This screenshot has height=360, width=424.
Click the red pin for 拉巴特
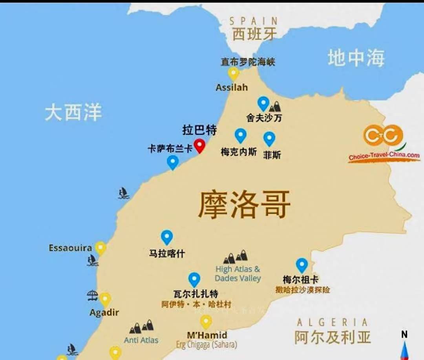click(200, 145)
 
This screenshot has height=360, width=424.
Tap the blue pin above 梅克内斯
click(240, 135)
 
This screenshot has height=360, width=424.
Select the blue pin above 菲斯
click(269, 138)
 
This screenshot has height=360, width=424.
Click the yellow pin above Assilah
click(234, 73)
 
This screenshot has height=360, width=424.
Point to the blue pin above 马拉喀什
click(167, 237)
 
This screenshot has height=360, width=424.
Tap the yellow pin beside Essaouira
click(101, 248)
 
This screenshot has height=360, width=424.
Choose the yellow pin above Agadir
click(105, 299)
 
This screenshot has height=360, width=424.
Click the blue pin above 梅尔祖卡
click(302, 265)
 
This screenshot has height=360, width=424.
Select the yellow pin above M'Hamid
click(206, 322)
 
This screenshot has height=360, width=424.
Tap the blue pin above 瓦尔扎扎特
click(194, 279)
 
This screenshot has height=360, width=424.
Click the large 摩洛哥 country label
click(244, 204)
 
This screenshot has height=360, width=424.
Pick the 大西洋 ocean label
click(73, 112)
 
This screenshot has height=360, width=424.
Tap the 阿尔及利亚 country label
click(332, 337)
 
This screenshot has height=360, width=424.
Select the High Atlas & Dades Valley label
click(238, 274)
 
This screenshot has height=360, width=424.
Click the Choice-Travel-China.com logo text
click(384, 156)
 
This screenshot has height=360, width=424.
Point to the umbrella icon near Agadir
click(92, 295)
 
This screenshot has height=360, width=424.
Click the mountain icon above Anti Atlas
click(141, 326)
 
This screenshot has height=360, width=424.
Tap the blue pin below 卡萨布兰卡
click(173, 162)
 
